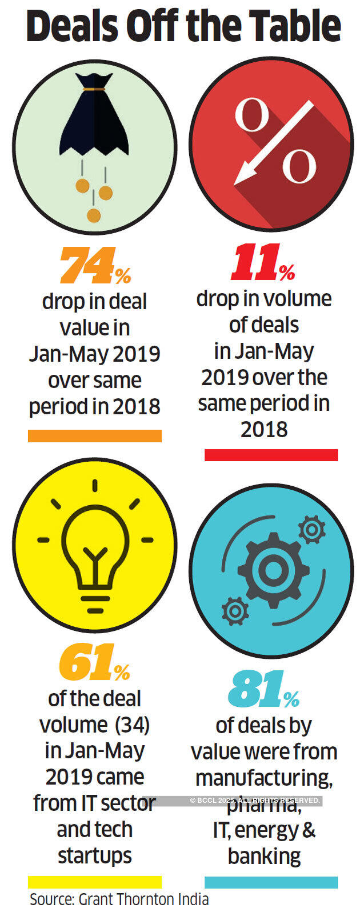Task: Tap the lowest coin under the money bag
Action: (x=93, y=215)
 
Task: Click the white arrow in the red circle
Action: (x=273, y=144)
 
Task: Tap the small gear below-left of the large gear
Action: (x=234, y=611)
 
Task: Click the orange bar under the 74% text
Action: (x=95, y=436)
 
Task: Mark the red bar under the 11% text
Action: (x=271, y=455)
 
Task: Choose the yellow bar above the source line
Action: (x=95, y=882)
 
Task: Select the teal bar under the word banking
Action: (x=271, y=882)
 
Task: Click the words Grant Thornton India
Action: (x=143, y=899)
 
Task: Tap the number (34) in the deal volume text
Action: (x=132, y=725)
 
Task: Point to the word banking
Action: (x=264, y=856)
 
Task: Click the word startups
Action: (x=95, y=855)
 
